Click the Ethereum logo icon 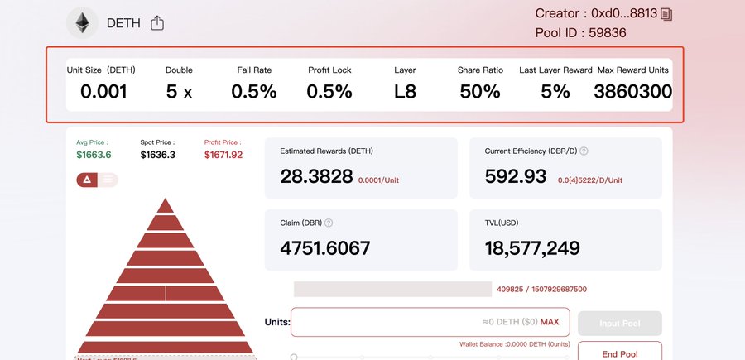pos(82,23)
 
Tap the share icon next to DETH pos(157,23)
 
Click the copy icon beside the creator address pos(666,14)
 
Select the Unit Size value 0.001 pos(103,91)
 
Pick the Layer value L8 pos(405,91)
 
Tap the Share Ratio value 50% pos(480,91)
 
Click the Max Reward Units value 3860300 pos(632,91)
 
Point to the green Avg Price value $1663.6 pos(94,155)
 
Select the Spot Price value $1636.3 pos(158,155)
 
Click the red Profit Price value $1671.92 pos(223,155)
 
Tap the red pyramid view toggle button pos(87,180)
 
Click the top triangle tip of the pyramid pos(166,205)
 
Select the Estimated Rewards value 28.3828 pos(316,176)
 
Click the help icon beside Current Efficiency pos(584,151)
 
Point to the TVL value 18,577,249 pos(532,248)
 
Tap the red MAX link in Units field pos(550,322)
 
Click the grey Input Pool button pos(619,323)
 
